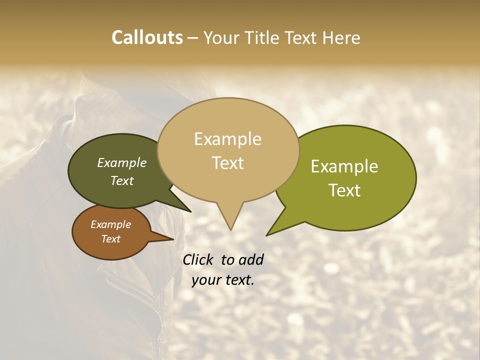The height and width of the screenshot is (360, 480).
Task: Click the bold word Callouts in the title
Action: (x=147, y=37)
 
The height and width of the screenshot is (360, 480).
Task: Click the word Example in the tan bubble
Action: (x=227, y=139)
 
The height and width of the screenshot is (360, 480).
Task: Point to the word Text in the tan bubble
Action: (x=227, y=162)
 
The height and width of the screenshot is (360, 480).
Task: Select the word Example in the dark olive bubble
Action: (x=121, y=162)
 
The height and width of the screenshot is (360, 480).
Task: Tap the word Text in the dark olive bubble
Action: (x=121, y=180)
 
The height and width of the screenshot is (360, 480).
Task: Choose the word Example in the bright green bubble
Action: (x=344, y=166)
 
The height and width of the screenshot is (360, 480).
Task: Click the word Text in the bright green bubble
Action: (x=344, y=190)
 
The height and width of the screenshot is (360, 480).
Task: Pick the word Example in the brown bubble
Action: (x=110, y=224)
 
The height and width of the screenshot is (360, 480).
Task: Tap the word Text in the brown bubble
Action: (x=110, y=239)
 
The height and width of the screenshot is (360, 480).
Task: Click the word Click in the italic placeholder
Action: (x=198, y=259)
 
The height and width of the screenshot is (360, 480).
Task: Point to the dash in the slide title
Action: (x=192, y=37)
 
